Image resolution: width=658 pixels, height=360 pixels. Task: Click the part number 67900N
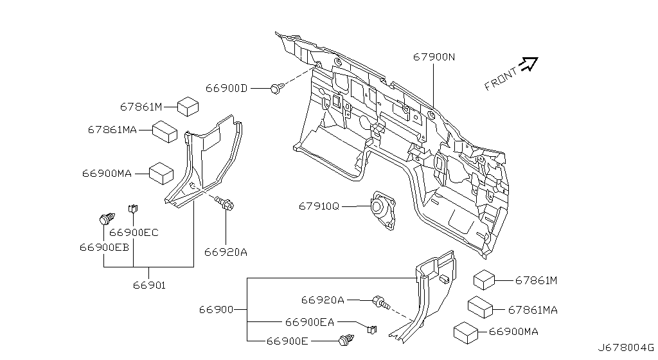(x=434, y=57)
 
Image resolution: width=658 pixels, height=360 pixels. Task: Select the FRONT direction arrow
(x=528, y=64)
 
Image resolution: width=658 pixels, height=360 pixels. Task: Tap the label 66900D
(x=226, y=88)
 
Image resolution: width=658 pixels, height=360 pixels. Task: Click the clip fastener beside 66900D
(x=277, y=88)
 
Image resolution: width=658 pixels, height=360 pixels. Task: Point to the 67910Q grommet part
(x=382, y=210)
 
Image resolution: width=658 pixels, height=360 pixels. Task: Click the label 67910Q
(x=319, y=206)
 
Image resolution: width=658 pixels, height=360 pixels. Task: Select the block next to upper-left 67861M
(x=188, y=107)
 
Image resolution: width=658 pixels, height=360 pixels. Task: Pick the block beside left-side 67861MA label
(x=164, y=132)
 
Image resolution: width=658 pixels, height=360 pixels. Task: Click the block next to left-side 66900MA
(x=161, y=174)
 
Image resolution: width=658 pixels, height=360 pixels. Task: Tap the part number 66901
(x=149, y=285)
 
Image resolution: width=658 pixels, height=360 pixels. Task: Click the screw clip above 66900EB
(x=107, y=219)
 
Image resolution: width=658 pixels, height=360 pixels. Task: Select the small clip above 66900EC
(x=133, y=208)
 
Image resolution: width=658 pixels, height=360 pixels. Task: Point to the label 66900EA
(x=310, y=322)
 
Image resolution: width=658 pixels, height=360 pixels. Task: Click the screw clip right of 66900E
(x=346, y=339)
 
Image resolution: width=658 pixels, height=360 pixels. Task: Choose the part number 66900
(x=216, y=310)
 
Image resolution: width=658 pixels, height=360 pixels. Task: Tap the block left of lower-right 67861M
(x=485, y=280)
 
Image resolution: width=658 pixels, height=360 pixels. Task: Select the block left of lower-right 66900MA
(x=467, y=333)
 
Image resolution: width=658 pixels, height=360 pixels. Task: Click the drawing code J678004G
(x=626, y=348)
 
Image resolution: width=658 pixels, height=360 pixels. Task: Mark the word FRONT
(x=501, y=79)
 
